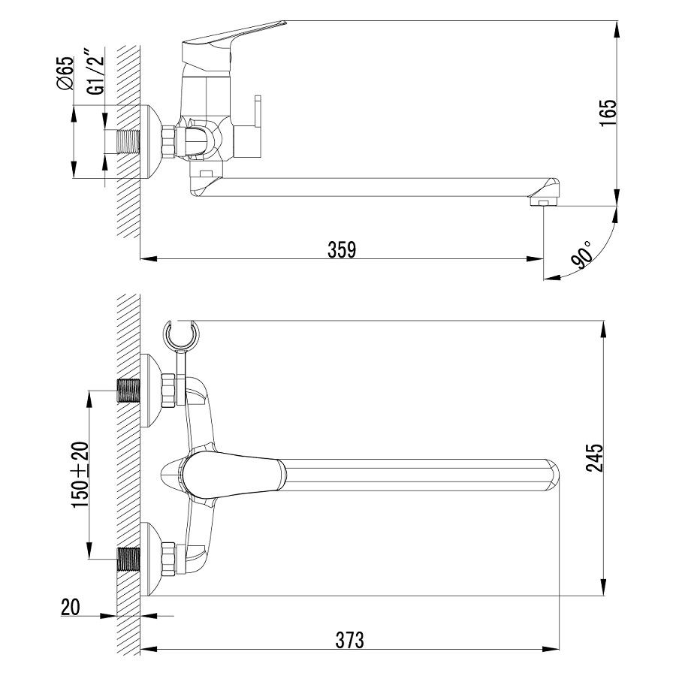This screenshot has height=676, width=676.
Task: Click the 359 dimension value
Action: pyautogui.click(x=342, y=249)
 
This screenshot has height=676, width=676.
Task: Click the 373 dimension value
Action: pyautogui.click(x=349, y=640)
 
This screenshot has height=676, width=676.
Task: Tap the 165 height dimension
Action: pyautogui.click(x=608, y=113)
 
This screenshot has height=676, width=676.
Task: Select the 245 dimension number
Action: pyautogui.click(x=595, y=458)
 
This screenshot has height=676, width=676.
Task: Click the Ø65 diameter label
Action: pyautogui.click(x=65, y=74)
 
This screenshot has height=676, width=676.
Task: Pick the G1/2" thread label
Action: pyautogui.click(x=95, y=74)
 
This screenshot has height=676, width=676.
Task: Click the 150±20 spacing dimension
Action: pyautogui.click(x=80, y=475)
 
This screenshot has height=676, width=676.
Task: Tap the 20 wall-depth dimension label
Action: pyautogui.click(x=71, y=608)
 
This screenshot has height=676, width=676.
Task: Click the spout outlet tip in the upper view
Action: pyautogui.click(x=543, y=202)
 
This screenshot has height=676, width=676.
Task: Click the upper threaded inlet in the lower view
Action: pyautogui.click(x=129, y=390)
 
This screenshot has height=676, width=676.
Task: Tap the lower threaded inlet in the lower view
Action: pyautogui.click(x=129, y=559)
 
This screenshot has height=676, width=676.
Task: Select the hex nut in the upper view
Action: pyautogui.click(x=168, y=141)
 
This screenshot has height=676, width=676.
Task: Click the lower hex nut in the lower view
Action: pyautogui.click(x=168, y=559)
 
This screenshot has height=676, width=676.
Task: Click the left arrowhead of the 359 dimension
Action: pyautogui.click(x=149, y=258)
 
